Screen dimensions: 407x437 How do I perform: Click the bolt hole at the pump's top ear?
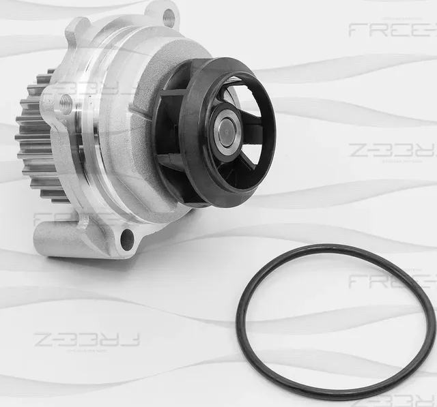(168, 18)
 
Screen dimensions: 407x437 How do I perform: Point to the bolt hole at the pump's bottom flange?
(126, 238)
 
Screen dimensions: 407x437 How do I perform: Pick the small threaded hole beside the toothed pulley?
(66, 104)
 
